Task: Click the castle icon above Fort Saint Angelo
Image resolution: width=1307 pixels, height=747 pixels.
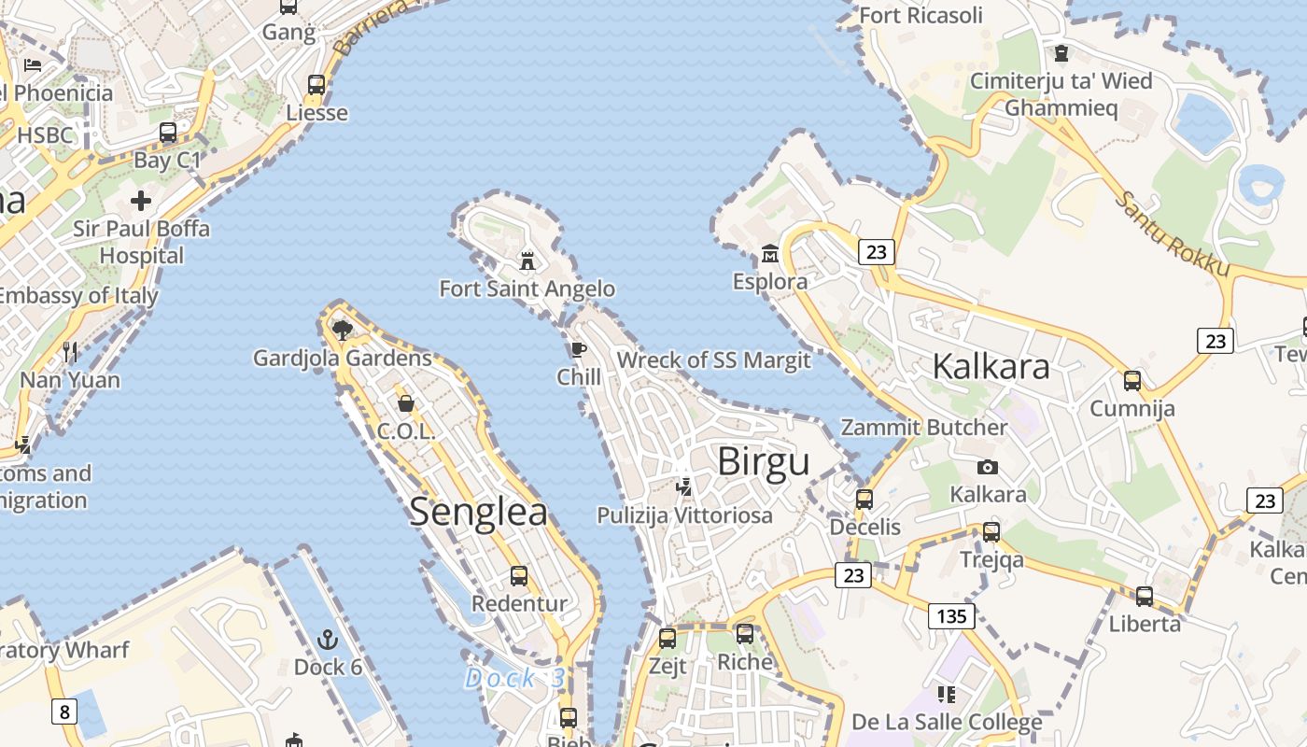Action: point(527,261)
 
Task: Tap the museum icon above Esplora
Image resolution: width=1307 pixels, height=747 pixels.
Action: point(770,253)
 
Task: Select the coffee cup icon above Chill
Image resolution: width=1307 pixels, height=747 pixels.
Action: point(578,350)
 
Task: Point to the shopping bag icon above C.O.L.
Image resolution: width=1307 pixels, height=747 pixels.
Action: point(406,403)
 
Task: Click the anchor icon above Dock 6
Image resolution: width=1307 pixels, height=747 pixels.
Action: point(327,640)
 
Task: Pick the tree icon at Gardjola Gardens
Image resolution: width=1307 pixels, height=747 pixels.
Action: point(342,329)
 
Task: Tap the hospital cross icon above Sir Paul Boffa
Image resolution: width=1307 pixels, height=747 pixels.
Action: point(141,201)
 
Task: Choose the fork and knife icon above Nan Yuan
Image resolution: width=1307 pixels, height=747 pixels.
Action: point(70,352)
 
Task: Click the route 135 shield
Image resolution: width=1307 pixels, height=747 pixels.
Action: point(951,616)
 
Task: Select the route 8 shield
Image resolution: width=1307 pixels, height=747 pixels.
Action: point(63,712)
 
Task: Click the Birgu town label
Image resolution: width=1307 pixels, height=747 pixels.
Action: point(763,462)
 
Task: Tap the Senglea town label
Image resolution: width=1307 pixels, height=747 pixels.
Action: point(478,513)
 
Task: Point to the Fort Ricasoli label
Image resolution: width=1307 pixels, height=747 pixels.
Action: point(921,15)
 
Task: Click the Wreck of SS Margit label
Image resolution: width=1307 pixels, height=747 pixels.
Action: point(714,360)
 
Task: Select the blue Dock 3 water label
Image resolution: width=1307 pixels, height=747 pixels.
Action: point(514,679)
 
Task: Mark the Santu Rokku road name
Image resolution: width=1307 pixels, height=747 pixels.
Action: point(1173,233)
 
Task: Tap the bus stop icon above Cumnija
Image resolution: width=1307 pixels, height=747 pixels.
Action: point(1131,381)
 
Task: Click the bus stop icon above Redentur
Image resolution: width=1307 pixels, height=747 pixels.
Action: point(519,576)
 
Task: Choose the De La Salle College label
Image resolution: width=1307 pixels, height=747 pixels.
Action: point(947,723)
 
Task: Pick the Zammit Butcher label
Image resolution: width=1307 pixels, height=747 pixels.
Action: point(924,428)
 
